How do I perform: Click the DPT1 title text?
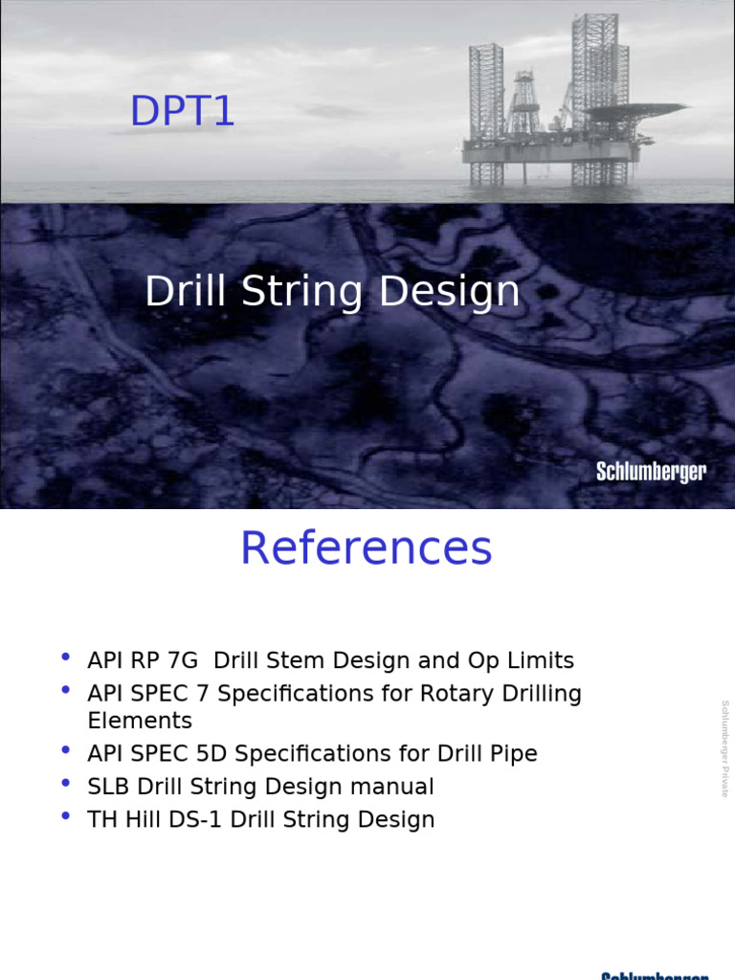(x=182, y=113)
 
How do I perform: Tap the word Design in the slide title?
(x=450, y=292)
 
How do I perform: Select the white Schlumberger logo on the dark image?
(x=651, y=472)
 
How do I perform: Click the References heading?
(x=367, y=549)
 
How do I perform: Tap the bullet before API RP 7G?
(x=65, y=657)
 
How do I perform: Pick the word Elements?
(x=140, y=721)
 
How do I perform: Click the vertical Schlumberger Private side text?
(x=724, y=748)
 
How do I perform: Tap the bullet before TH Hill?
(x=65, y=816)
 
